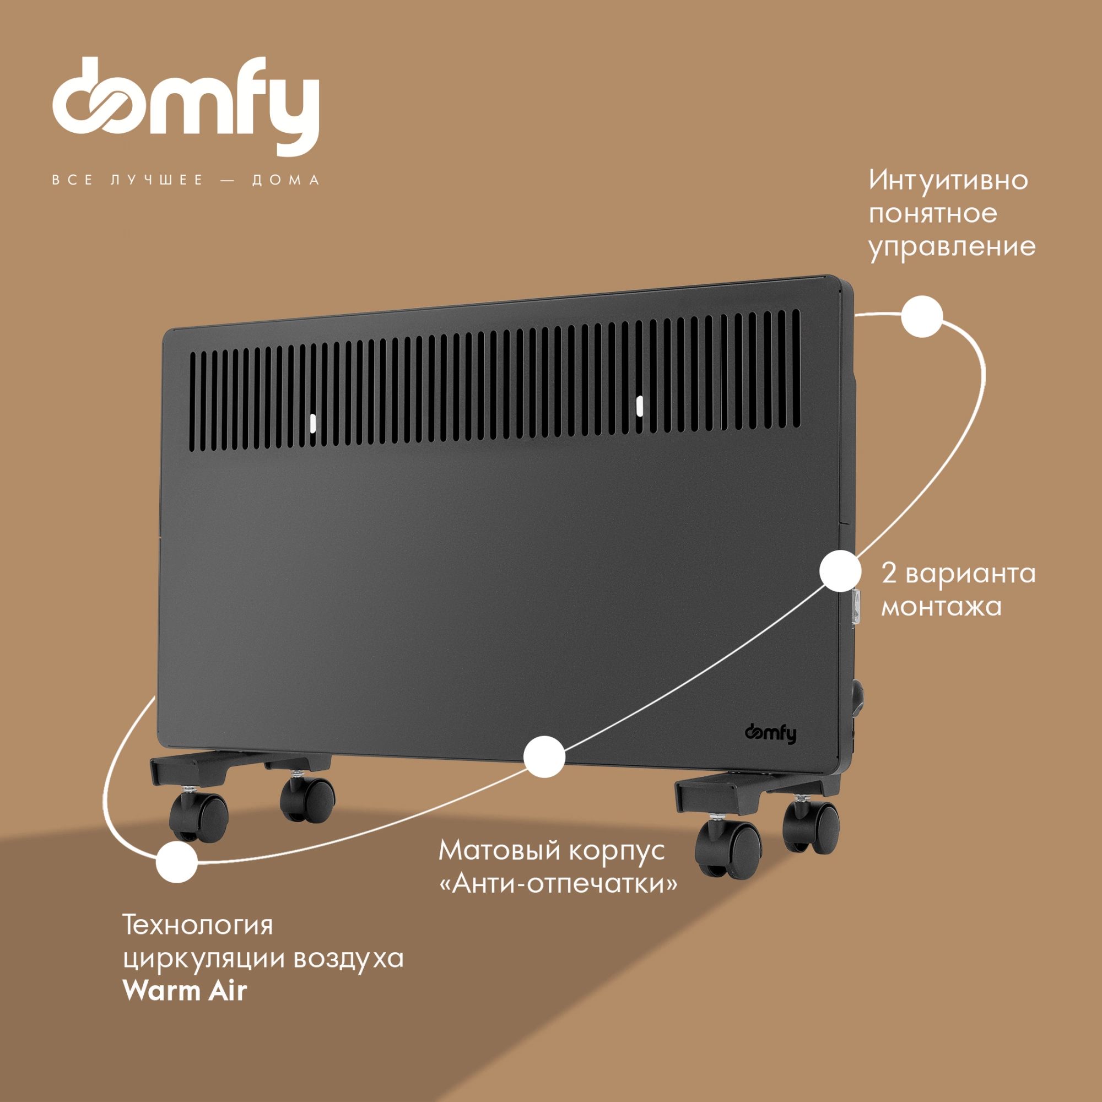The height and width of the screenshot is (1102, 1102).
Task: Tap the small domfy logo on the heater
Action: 771,733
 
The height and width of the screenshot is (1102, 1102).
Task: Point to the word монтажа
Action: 942,607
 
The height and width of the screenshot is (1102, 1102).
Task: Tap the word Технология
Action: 198,925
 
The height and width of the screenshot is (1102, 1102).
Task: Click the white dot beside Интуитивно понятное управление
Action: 922,317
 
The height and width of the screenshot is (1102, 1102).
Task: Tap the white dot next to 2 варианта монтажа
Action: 840,571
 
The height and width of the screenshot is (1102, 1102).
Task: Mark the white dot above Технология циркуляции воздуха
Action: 177,862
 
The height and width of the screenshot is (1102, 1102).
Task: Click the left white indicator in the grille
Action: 312,423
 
